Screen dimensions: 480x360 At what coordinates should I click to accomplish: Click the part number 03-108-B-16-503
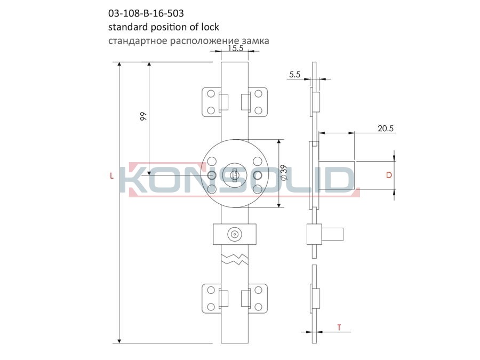click(x=146, y=13)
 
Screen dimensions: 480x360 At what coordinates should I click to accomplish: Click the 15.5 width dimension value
click(x=235, y=48)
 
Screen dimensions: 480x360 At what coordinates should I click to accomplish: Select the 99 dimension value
click(x=143, y=117)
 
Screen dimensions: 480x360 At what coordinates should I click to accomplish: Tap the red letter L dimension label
click(x=112, y=175)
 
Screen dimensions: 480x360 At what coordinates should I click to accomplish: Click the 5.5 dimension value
click(x=295, y=74)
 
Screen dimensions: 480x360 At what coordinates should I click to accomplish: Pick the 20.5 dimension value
click(x=386, y=128)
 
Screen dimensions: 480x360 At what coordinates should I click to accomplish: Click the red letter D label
click(x=389, y=175)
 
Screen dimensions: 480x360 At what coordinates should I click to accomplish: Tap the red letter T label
click(x=339, y=327)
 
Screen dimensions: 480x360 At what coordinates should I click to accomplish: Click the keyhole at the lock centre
click(x=235, y=175)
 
